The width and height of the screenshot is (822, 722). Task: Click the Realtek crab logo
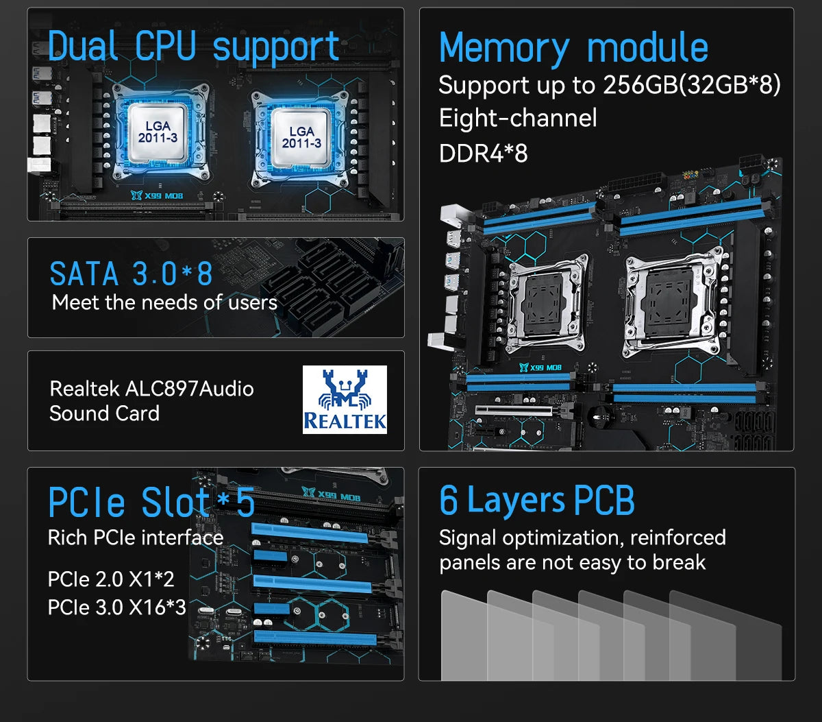tap(345, 399)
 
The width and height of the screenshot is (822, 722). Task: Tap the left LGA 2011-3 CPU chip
tap(158, 132)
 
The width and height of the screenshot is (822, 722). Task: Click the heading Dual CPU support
tap(194, 47)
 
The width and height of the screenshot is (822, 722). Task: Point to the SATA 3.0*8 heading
tap(131, 274)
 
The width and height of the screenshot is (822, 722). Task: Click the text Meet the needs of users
tap(164, 302)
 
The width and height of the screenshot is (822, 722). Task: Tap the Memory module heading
tap(573, 48)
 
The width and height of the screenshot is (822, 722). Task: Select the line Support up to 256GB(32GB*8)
tap(609, 85)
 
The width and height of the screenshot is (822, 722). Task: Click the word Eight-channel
tap(518, 119)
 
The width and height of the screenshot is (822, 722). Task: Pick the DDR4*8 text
tap(483, 153)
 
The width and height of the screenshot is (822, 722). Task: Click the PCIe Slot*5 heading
tap(151, 502)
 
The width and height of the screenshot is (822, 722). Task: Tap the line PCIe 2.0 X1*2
tap(111, 579)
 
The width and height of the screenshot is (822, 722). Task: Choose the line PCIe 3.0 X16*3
tap(116, 607)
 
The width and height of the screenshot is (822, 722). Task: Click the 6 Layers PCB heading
tap(536, 501)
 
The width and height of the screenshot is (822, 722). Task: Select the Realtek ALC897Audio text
tap(151, 389)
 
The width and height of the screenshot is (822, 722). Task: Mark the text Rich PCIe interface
tap(135, 538)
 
